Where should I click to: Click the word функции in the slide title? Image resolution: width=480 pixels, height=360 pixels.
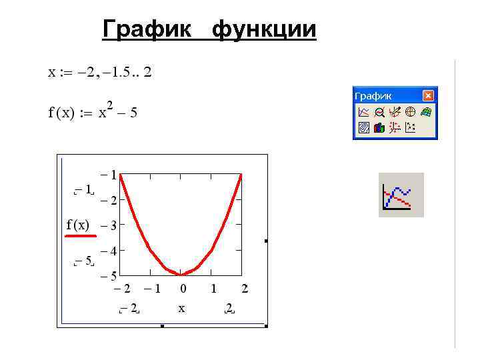point(264,30)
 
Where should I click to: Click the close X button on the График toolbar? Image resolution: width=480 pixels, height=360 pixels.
point(429,96)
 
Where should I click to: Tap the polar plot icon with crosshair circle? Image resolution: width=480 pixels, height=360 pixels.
point(411,112)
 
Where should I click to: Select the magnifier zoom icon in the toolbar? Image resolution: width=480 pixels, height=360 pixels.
point(379,112)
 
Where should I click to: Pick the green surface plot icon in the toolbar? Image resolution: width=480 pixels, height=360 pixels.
point(427,112)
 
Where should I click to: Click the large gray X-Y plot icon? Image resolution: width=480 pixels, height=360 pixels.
point(401,195)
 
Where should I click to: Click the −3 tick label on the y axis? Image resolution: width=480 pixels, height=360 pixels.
point(110,226)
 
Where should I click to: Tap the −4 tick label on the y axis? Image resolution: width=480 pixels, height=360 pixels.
point(110,251)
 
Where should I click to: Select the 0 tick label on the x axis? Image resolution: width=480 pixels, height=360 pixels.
point(183,289)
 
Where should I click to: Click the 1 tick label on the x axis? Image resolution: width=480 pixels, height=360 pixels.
point(213,289)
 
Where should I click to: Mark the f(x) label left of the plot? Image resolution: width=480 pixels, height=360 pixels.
point(77,225)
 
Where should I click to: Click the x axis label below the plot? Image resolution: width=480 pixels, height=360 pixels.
point(181,309)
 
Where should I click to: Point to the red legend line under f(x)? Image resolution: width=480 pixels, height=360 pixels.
point(81,235)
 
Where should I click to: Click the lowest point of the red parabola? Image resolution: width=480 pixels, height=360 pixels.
point(181,274)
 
